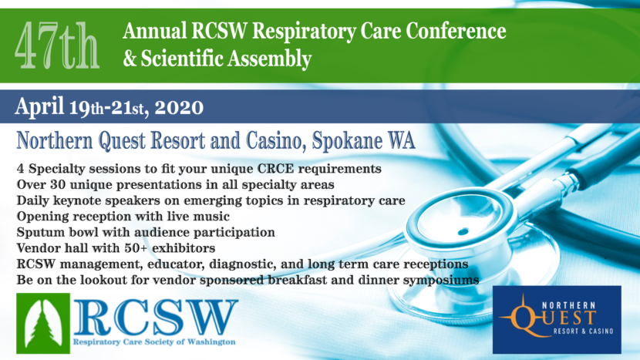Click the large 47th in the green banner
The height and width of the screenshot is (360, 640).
point(57,45)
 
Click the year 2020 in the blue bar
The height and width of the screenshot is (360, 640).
point(179,108)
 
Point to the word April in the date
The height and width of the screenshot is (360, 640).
point(39,106)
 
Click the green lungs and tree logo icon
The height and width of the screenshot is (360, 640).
point(43,323)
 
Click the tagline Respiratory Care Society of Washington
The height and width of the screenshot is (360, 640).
point(154,342)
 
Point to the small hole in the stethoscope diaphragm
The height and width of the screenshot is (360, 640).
point(463,232)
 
